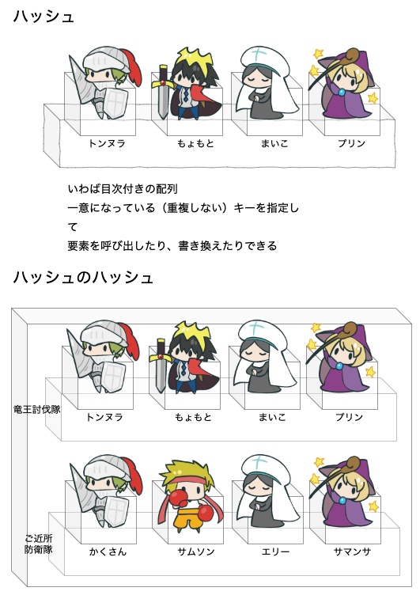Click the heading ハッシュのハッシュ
[x=83, y=278]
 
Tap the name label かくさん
[x=108, y=551]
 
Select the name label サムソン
[x=196, y=551]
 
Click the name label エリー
[x=275, y=551]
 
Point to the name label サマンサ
[x=352, y=551]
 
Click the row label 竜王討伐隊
[x=37, y=409]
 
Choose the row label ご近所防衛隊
[x=38, y=544]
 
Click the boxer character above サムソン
[x=190, y=494]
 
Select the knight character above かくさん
[x=105, y=491]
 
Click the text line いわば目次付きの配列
[x=123, y=188]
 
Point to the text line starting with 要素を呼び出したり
[x=172, y=246]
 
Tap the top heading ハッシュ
[x=44, y=17]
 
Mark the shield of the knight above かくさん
[x=115, y=511]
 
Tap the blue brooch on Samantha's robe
[x=342, y=501]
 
